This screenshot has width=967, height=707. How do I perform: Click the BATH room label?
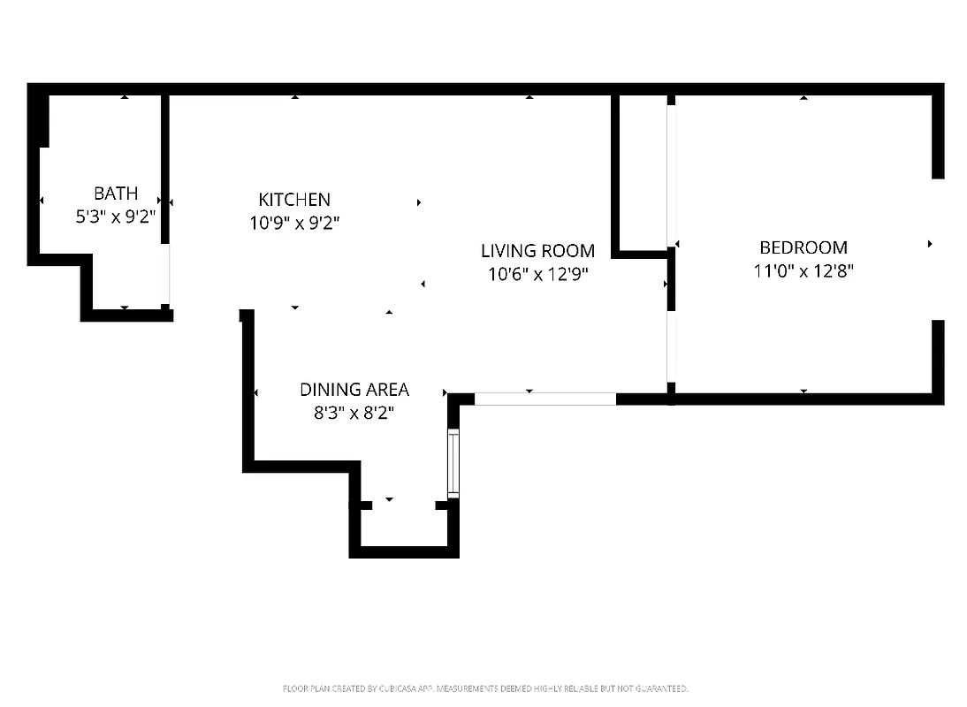point(116,193)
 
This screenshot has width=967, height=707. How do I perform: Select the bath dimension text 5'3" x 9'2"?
point(116,216)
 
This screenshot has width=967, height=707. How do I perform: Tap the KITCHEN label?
point(294,200)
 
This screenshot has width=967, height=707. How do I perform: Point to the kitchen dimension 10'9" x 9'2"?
point(294,223)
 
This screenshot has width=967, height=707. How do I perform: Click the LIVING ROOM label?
point(537,251)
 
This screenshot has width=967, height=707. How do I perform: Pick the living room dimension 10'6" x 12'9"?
point(537,274)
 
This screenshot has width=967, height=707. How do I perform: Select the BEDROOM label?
point(803,247)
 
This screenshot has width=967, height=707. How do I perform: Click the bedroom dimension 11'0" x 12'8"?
point(803,271)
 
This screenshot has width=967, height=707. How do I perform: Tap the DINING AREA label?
point(354,389)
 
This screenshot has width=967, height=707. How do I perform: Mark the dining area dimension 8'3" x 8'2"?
point(354,412)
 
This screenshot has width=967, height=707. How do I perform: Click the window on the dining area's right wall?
point(453,463)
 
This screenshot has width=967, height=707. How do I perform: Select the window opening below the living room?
point(544,399)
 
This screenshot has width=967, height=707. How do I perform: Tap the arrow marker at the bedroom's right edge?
point(930,244)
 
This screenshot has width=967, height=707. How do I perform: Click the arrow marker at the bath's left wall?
point(42,201)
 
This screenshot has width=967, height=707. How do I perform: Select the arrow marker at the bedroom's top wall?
point(803,97)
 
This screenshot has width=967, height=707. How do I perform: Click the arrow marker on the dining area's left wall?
point(256,392)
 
